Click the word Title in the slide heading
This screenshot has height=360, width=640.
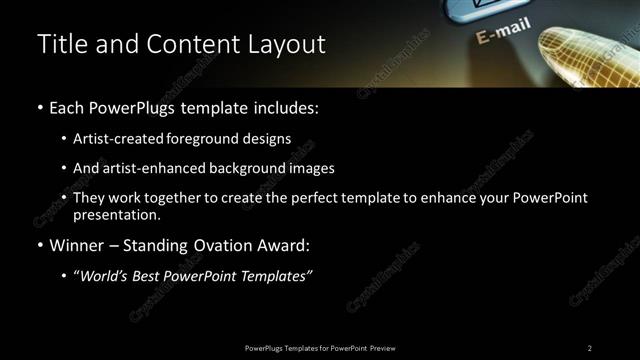[x=58, y=44]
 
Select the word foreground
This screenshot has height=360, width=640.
[x=195, y=139]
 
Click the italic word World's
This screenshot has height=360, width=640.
[x=105, y=276]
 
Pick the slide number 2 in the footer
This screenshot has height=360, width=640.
[x=590, y=348]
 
